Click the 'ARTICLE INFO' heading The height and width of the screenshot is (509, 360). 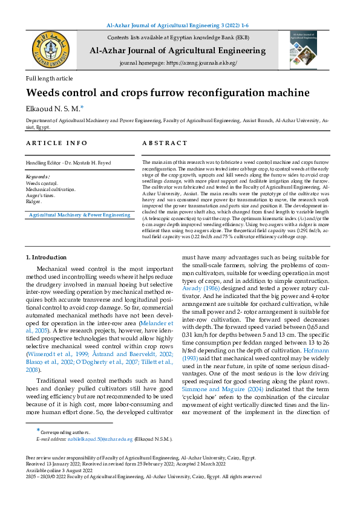tap(57, 143)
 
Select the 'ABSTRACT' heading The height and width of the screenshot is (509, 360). tap(165, 143)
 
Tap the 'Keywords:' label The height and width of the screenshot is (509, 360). tap(39, 177)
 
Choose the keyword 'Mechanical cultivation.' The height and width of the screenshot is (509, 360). tap(50, 189)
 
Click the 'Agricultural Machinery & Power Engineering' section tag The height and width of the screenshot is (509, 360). tap(79, 215)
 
